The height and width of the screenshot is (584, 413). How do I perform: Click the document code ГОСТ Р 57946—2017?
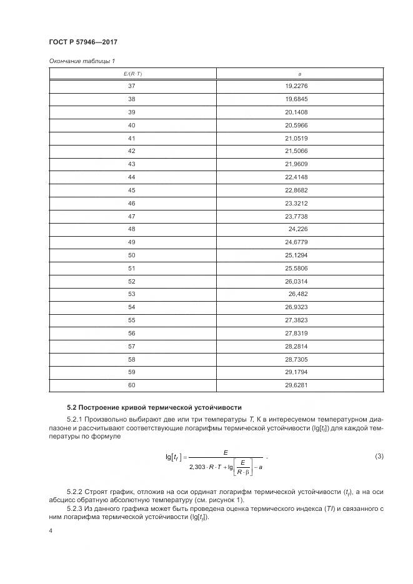[x=82, y=42]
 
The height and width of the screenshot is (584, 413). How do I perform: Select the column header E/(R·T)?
[x=132, y=74]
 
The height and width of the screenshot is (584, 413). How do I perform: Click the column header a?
[x=300, y=74]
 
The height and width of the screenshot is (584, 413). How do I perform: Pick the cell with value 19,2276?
[x=297, y=87]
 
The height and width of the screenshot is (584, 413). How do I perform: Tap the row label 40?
[x=132, y=126]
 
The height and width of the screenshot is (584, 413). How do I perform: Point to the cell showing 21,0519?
[x=297, y=139]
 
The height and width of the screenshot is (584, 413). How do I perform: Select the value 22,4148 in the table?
[x=297, y=177]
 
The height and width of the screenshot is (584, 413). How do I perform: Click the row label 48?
[x=132, y=229]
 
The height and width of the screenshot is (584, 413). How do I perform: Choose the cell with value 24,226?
[x=298, y=229]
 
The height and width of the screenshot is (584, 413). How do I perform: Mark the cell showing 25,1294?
[x=297, y=255]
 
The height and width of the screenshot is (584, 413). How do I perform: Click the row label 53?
[x=132, y=294]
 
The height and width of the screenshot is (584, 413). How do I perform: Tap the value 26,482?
[x=298, y=294]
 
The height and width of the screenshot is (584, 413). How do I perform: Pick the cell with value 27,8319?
[x=297, y=334]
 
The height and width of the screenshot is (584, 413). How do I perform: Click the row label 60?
[x=132, y=385]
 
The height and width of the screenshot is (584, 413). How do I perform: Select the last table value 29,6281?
[x=297, y=385]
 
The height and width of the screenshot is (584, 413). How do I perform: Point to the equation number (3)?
[x=379, y=457]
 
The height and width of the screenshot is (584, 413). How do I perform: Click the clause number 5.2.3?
[x=76, y=508]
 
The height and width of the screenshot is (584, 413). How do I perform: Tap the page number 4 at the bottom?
[x=51, y=530]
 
